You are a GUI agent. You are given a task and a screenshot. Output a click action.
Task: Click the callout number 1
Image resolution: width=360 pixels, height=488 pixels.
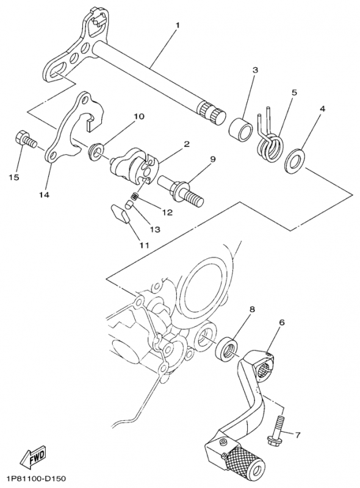[x=178, y=25]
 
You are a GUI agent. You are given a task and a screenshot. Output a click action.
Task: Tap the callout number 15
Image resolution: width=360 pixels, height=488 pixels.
[x=14, y=178]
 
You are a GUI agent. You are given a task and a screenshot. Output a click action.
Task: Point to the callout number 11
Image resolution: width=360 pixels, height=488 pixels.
[x=143, y=246]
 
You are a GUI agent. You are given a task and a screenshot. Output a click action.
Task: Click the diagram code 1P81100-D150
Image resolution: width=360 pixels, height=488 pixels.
[x=37, y=478]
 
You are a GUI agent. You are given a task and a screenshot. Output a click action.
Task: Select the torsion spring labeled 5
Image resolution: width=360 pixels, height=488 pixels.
[x=270, y=138]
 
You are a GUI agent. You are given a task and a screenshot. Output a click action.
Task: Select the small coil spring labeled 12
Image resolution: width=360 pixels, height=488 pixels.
[x=135, y=196]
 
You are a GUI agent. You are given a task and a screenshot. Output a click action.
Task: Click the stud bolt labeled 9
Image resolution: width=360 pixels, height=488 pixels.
[x=181, y=190]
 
